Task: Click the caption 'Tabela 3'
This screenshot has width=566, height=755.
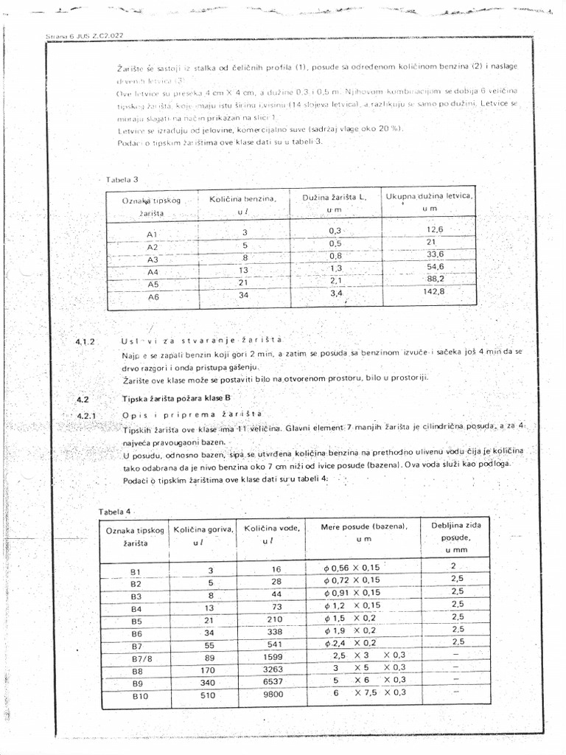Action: coord(123,179)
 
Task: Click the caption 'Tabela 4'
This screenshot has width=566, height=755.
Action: coord(117,511)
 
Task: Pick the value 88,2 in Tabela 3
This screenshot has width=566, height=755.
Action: coord(435,279)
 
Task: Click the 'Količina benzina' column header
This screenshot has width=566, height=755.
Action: coord(243,205)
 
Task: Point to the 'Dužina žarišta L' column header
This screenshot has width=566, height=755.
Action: coord(335,203)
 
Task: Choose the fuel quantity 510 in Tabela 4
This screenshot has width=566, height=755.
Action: coord(209,695)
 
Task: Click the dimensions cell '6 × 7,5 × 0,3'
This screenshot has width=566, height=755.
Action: coord(369,693)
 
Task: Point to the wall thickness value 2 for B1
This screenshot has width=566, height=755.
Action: coord(454,566)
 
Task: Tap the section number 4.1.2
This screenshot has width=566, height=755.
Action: coord(86,342)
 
